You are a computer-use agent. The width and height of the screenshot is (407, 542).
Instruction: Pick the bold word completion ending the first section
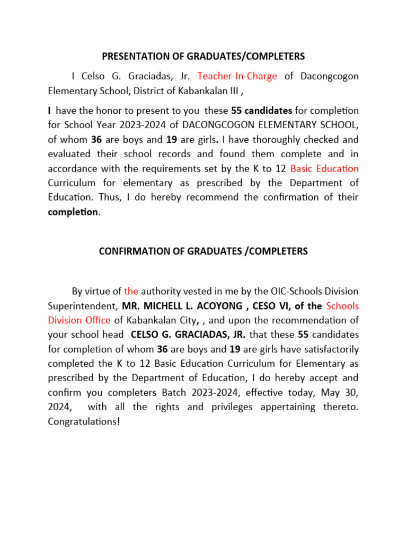(73, 212)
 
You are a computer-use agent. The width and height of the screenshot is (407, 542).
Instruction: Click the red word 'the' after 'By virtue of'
(131, 291)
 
